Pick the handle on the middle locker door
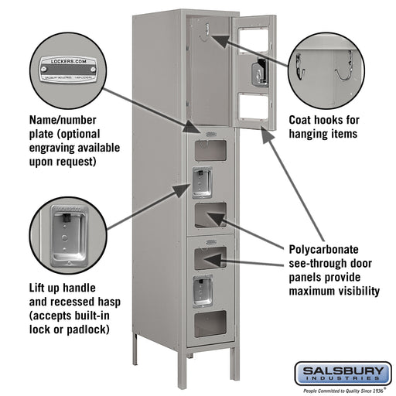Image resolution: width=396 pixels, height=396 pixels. pyautogui.click(x=203, y=181)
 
